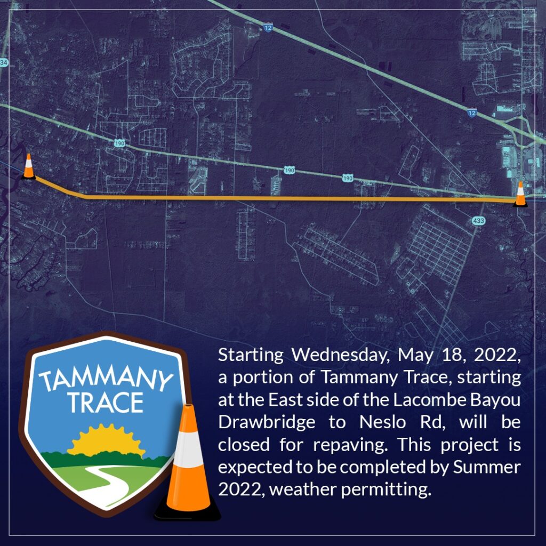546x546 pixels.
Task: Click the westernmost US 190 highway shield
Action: pos(119,143)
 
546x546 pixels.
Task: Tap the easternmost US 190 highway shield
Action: pos(348,178)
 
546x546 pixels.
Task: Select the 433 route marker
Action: pos(478,220)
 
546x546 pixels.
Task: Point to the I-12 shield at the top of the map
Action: pos(268,28)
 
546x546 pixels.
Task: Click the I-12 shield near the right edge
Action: pos(471,113)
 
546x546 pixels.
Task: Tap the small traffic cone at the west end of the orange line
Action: pos(29,167)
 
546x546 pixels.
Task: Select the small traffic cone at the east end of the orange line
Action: pos(520,194)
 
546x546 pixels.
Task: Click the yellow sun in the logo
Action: pos(106,441)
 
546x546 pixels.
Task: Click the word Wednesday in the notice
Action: pos(340,355)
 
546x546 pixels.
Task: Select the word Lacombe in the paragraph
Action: pos(430,400)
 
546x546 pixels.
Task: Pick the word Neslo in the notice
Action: pos(382,422)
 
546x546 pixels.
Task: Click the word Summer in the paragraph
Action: pos(486,467)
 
